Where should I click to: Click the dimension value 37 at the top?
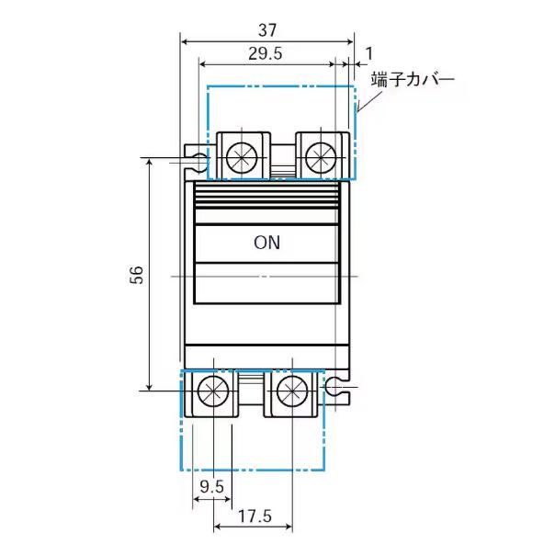[267, 28]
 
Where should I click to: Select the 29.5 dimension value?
[265, 54]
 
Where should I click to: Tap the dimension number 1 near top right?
[368, 54]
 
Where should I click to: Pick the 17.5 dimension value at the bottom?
[254, 517]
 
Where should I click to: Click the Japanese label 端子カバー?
[413, 80]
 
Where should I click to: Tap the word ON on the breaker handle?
[266, 244]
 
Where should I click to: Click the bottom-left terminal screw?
[213, 391]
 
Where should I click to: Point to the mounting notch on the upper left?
[197, 162]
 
